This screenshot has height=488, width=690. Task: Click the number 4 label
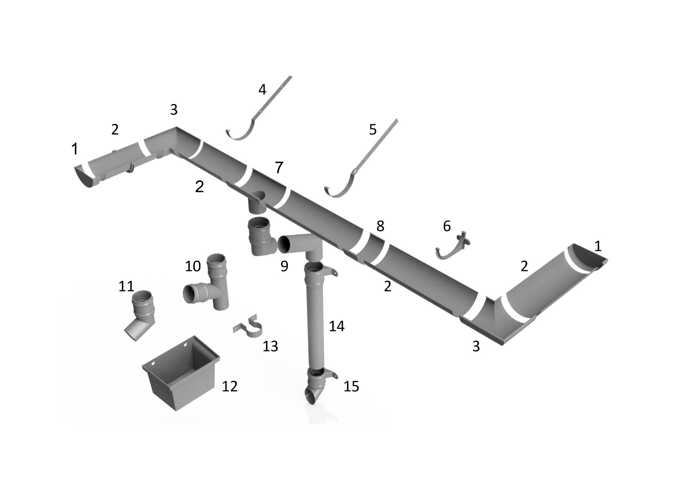(x=262, y=90)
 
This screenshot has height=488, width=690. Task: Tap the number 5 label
(x=373, y=129)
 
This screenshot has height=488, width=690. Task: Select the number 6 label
(x=447, y=226)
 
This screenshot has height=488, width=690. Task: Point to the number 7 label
(x=279, y=168)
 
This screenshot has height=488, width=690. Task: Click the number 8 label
(x=380, y=226)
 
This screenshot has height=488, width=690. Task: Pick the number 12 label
(x=230, y=386)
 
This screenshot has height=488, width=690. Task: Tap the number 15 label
(x=351, y=386)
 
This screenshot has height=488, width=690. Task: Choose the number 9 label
(x=284, y=266)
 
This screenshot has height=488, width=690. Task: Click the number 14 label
(x=337, y=326)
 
